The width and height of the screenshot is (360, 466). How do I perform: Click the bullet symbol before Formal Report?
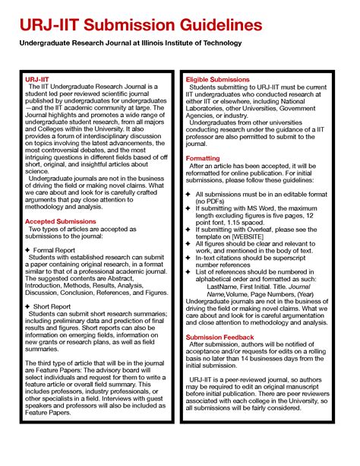coord(27,249)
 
